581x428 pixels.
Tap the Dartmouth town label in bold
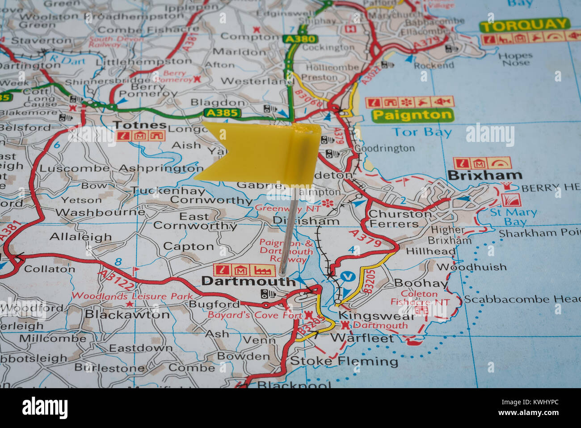click(248, 281)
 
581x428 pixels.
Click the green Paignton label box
click(413, 115)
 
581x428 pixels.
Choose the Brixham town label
click(484, 175)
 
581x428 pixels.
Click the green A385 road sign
click(223, 113)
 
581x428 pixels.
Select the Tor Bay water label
click(421, 132)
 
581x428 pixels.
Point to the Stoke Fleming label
click(344, 361)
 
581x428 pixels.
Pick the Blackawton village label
click(127, 314)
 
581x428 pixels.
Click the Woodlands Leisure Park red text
click(132, 296)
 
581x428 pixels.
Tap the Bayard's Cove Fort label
click(255, 315)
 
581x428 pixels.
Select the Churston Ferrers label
click(400, 219)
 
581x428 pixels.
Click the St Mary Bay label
click(514, 217)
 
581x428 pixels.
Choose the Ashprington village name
click(161, 168)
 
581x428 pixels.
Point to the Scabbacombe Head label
click(522, 299)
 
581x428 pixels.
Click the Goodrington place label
click(384, 148)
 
